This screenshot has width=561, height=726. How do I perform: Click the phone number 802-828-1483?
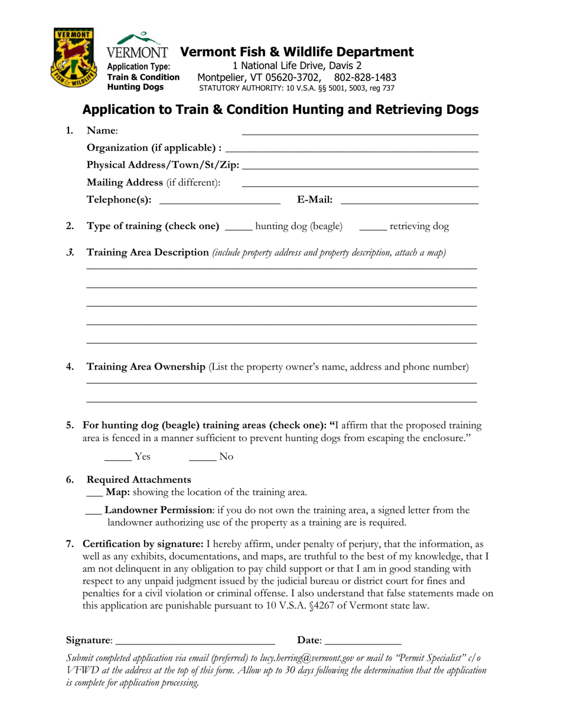pyautogui.click(x=365, y=77)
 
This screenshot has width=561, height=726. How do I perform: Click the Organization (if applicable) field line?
pyautogui.click(x=351, y=151)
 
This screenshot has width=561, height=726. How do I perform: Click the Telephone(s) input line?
pyautogui.click(x=220, y=204)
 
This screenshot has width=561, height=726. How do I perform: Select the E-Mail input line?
pyautogui.click(x=409, y=204)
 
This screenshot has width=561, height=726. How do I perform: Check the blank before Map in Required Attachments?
pyautogui.click(x=93, y=495)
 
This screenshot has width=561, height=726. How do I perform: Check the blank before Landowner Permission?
pyautogui.click(x=93, y=513)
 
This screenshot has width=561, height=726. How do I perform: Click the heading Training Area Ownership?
pyautogui.click(x=146, y=367)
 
